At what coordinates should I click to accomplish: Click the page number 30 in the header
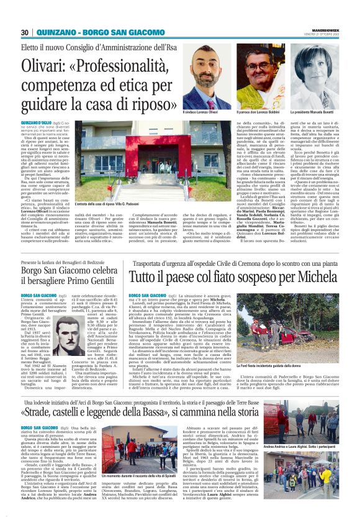(x=24, y=33)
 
